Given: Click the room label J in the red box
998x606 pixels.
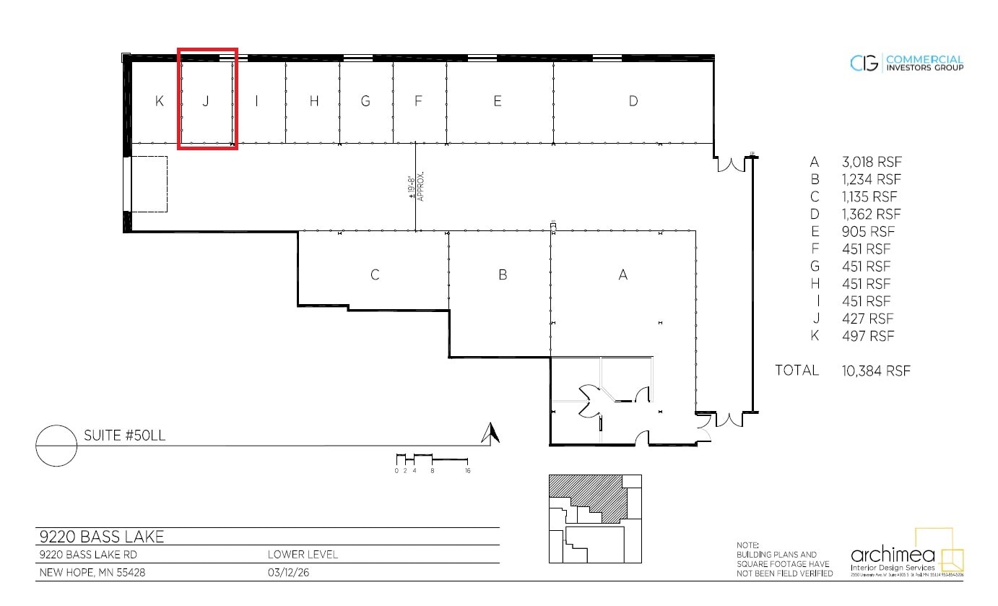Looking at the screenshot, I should coord(205,101).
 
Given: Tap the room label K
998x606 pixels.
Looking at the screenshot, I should coord(160,101).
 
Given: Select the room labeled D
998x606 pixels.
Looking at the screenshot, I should coord(633,101).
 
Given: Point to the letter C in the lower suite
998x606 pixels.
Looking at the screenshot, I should coord(375,275).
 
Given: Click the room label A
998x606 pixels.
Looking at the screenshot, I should coord(623,275).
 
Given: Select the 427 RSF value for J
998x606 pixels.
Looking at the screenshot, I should coord(867,319).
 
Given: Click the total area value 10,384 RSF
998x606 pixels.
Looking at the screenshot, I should coord(875,371).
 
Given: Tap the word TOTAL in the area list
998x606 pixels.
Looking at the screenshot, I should coord(797,371).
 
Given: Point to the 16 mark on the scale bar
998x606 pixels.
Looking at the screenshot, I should coord(468,470).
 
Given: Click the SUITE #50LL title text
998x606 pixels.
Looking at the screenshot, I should coord(126,436).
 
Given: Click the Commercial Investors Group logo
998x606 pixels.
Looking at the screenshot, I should coord(907,63).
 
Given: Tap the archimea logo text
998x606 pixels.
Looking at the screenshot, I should coord(893,555).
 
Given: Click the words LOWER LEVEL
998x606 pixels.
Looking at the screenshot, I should coord(303,555).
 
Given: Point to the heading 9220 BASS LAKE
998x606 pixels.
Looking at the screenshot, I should coord(101,537).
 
